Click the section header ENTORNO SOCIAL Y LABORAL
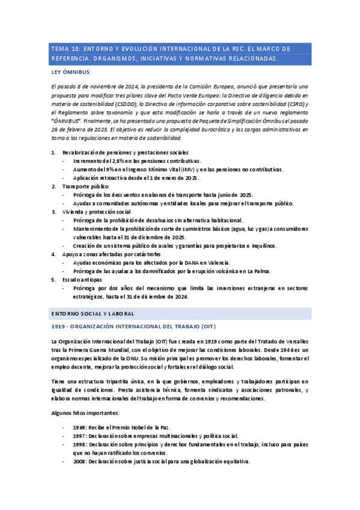[x=93, y=314]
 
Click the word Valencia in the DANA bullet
[x=221, y=263]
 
